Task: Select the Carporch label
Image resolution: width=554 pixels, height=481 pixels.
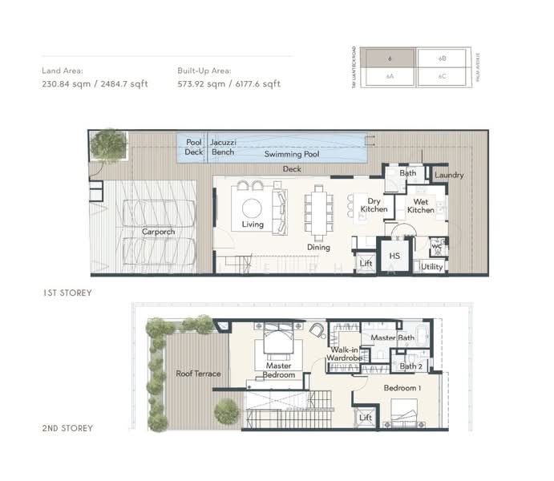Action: point(159,232)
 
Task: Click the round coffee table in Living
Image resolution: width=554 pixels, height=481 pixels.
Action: point(252,208)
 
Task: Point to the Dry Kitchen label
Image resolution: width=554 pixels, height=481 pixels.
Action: point(374,205)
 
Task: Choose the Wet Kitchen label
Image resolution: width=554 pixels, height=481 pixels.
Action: point(420,205)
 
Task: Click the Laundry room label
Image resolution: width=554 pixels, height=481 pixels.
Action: point(449,175)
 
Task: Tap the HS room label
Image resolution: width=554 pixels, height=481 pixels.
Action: point(394,256)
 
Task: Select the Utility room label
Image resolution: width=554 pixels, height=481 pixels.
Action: point(431,266)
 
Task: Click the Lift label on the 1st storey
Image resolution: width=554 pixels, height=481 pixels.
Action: point(366,263)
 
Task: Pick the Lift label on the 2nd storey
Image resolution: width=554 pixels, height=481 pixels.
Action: point(366,418)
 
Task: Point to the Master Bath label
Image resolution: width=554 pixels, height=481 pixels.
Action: point(393,338)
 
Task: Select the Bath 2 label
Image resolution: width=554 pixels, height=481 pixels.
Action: point(410,366)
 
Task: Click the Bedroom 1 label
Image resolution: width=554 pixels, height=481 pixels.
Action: point(401,388)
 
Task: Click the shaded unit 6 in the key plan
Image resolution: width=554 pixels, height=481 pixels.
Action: point(387,59)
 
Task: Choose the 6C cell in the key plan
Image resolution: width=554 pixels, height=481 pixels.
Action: point(442,77)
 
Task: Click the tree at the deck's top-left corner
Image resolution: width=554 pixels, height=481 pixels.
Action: point(108,145)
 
